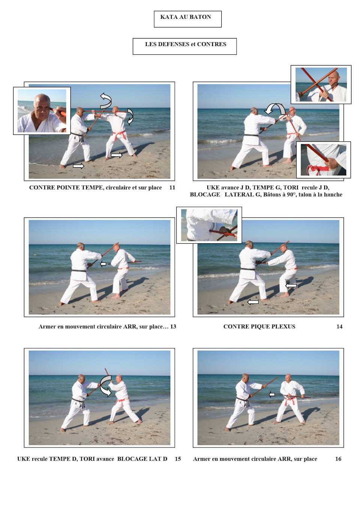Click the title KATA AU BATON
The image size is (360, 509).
tap(186, 17)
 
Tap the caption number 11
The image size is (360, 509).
tap(172, 188)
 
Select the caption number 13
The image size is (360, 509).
tap(173, 326)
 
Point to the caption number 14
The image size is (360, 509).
tap(339, 326)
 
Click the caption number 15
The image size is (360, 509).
tap(178, 459)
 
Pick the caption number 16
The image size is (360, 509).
tap(338, 459)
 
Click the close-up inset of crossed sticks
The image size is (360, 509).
tap(321, 85)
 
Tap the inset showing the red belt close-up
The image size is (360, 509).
tap(323, 160)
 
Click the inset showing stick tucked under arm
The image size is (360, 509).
tap(209, 225)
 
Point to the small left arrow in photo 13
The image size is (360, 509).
tap(103, 264)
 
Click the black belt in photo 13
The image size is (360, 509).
tap(79, 271)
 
